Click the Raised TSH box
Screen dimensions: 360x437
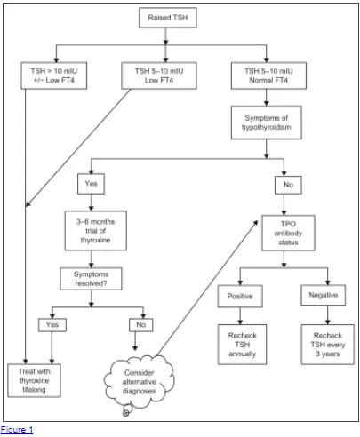click(x=168, y=18)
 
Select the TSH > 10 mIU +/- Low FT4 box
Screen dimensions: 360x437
click(x=54, y=75)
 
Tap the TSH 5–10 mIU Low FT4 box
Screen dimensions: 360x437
click(x=159, y=75)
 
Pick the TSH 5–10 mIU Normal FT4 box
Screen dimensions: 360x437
click(x=268, y=75)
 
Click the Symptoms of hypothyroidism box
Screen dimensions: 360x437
click(x=267, y=123)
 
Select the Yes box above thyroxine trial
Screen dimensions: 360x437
click(x=91, y=184)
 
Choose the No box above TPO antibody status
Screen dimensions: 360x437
click(x=288, y=185)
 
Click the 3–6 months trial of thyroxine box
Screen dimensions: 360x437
click(x=96, y=231)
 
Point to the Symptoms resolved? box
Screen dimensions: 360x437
click(x=91, y=279)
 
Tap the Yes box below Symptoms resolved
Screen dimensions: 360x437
click(x=52, y=325)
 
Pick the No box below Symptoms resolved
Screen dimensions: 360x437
click(x=141, y=325)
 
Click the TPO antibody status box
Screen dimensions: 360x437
click(x=288, y=233)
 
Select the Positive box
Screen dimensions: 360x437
click(x=240, y=297)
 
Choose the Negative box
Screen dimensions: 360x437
click(x=324, y=295)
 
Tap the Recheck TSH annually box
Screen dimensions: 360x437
click(x=242, y=345)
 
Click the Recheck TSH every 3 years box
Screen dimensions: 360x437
click(x=328, y=345)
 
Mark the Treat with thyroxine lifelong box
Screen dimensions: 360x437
click(x=34, y=380)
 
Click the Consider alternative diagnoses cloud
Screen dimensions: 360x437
click(x=139, y=382)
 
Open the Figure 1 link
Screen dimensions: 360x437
click(x=17, y=430)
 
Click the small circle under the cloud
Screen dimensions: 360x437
click(x=126, y=412)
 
